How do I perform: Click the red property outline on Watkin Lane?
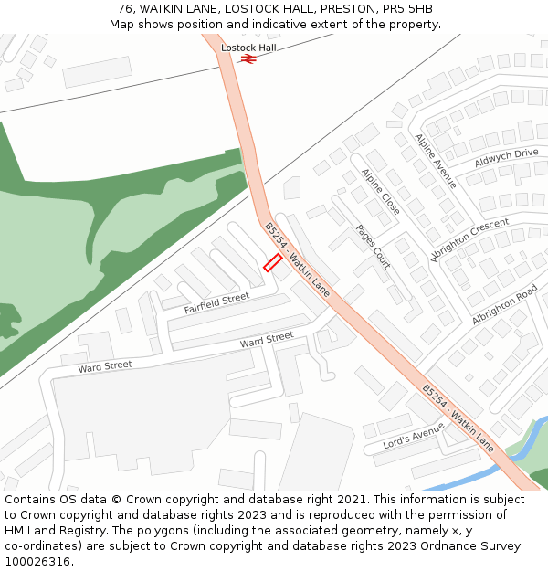tap(272, 262)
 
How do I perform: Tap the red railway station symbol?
tap(248, 58)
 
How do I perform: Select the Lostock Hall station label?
tap(248, 47)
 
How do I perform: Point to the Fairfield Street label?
tap(216, 303)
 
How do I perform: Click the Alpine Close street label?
tap(380, 192)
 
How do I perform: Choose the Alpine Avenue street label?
tap(435, 162)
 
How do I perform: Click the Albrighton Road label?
tap(504, 305)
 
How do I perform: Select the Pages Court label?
tap(373, 247)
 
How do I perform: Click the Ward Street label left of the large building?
tap(105, 366)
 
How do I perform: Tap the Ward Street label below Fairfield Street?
tap(267, 339)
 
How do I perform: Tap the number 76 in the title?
tap(125, 9)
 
